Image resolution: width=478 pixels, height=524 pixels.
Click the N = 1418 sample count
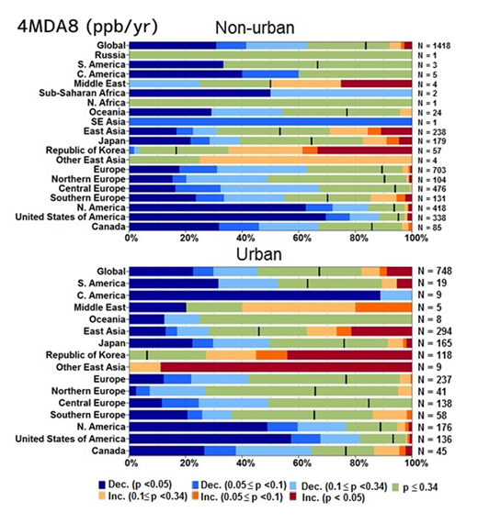438,44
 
